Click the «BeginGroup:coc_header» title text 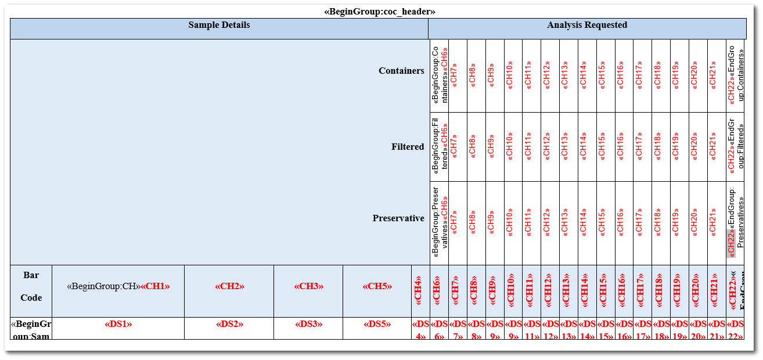point(380,12)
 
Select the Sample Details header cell point(219,25)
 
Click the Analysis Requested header point(586,25)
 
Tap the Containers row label point(401,71)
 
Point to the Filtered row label point(408,147)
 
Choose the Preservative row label point(398,218)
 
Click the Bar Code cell point(31,286)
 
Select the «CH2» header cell point(229,286)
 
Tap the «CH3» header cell point(308,286)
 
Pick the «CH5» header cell point(377,286)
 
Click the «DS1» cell point(118,324)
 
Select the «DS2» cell point(229,324)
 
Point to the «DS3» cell point(308,324)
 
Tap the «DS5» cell point(377,324)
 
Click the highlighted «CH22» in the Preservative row point(731,243)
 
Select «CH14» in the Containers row point(583,75)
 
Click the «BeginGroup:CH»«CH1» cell point(118,286)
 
